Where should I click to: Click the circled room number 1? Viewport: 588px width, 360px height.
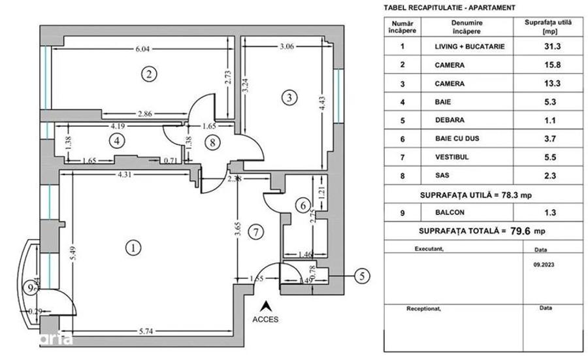tap(133, 248)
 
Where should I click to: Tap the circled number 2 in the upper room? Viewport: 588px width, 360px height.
tap(150, 74)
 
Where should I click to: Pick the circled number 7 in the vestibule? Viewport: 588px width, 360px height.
tap(256, 231)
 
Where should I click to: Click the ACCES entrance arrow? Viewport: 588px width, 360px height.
tap(266, 304)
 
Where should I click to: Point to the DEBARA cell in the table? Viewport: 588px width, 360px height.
tap(449, 120)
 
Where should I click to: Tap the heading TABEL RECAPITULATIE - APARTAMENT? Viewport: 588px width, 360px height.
tap(448, 8)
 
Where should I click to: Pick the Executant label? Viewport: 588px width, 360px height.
tap(429, 249)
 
